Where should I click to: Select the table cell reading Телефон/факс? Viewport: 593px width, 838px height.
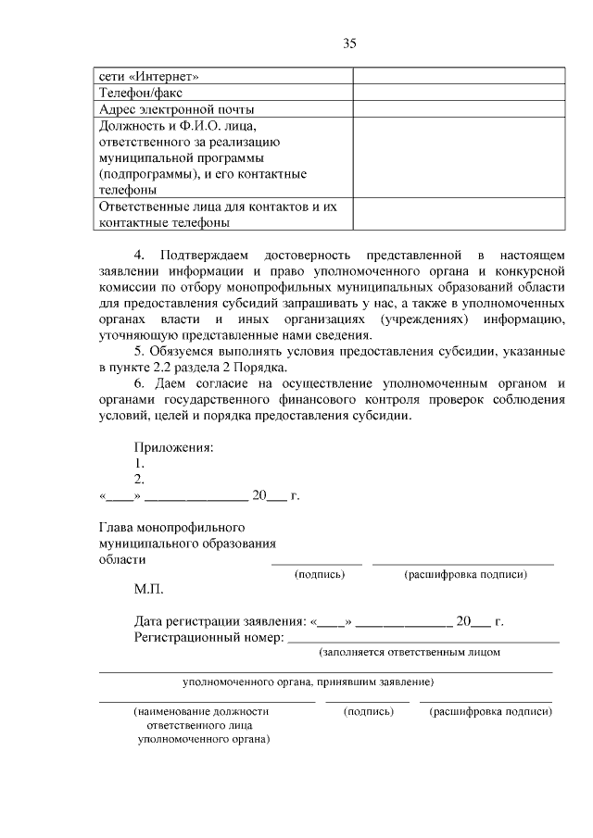tap(141, 93)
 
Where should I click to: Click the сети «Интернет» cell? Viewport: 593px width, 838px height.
tap(148, 76)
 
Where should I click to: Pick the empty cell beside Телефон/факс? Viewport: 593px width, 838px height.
tap(458, 93)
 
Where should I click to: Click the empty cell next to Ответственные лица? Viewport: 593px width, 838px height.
tap(458, 214)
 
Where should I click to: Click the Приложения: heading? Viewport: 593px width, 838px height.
tap(174, 447)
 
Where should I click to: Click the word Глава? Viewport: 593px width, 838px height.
tap(118, 527)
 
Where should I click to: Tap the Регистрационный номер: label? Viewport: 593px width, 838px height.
tap(209, 637)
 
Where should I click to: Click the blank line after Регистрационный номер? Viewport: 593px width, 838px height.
tap(424, 638)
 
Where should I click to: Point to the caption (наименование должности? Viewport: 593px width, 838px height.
tap(202, 712)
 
